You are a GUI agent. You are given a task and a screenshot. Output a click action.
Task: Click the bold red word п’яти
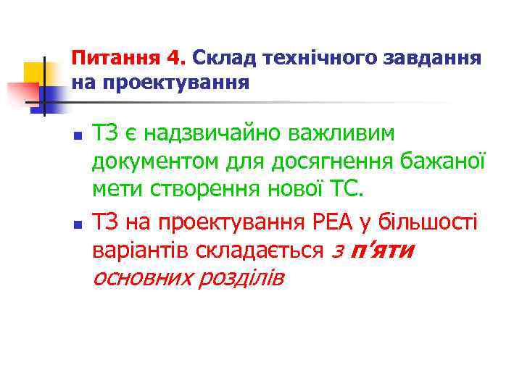click(382, 251)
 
